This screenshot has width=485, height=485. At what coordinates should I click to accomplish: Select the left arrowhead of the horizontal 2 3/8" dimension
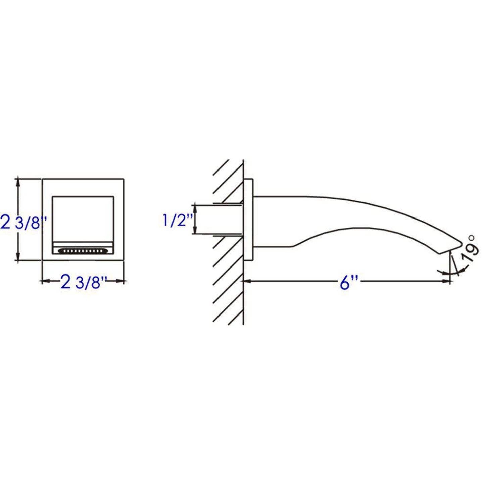(45, 281)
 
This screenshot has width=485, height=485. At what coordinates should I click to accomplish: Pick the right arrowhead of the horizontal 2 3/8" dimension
(121, 281)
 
